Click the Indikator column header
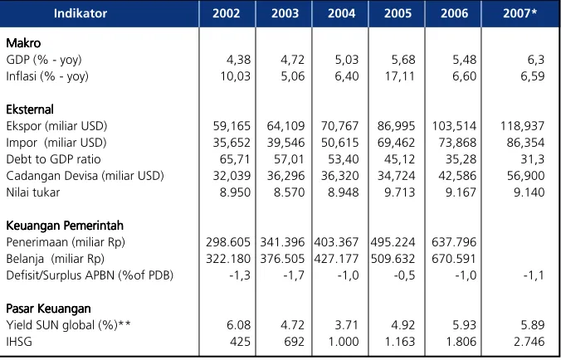point(80,13)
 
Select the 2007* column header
point(520,13)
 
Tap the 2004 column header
point(341,13)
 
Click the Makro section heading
point(23,43)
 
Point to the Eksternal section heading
point(30,109)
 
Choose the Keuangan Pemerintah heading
point(65,226)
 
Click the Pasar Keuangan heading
point(48,309)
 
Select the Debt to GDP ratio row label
point(54,159)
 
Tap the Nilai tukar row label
point(33,192)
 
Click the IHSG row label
point(19,342)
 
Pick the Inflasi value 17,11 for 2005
point(400,76)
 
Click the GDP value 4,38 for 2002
point(239,60)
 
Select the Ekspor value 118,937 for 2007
point(522,126)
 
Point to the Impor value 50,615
point(340,143)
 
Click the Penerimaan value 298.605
point(228,242)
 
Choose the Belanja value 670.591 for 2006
point(454,259)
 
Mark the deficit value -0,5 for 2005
point(404,275)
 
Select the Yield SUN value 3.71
point(347,325)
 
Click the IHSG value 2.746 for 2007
point(529,342)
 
